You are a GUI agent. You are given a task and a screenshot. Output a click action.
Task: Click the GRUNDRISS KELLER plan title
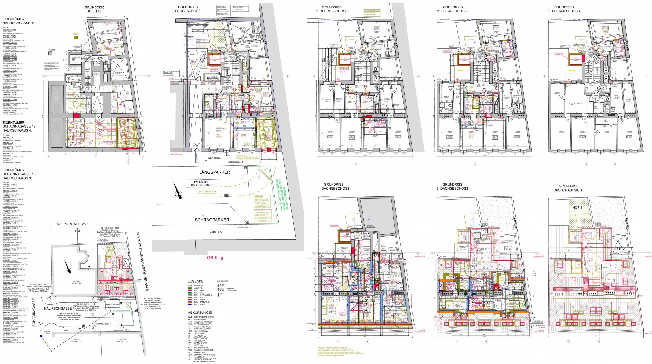(x=94, y=9)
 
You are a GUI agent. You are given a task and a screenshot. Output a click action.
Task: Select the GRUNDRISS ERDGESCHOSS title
(x=187, y=9)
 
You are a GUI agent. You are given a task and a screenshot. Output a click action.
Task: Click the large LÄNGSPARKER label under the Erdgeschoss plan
(x=215, y=172)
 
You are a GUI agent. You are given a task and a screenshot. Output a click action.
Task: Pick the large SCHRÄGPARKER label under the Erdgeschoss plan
(x=212, y=220)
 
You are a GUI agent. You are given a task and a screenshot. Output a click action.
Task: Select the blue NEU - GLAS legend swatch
(x=189, y=304)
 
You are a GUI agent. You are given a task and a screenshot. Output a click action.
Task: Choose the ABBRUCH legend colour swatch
(x=189, y=288)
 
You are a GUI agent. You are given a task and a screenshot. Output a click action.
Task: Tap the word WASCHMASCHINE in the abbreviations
(x=202, y=329)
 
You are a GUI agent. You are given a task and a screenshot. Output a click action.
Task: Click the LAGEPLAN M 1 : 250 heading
(x=71, y=224)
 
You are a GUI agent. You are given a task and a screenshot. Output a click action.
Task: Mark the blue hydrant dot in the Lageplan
(x=41, y=337)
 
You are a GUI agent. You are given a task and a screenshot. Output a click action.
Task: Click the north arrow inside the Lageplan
(x=68, y=267)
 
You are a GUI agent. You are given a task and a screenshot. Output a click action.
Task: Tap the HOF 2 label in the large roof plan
(x=620, y=249)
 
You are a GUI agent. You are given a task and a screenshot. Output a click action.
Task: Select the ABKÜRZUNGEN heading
(x=200, y=313)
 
